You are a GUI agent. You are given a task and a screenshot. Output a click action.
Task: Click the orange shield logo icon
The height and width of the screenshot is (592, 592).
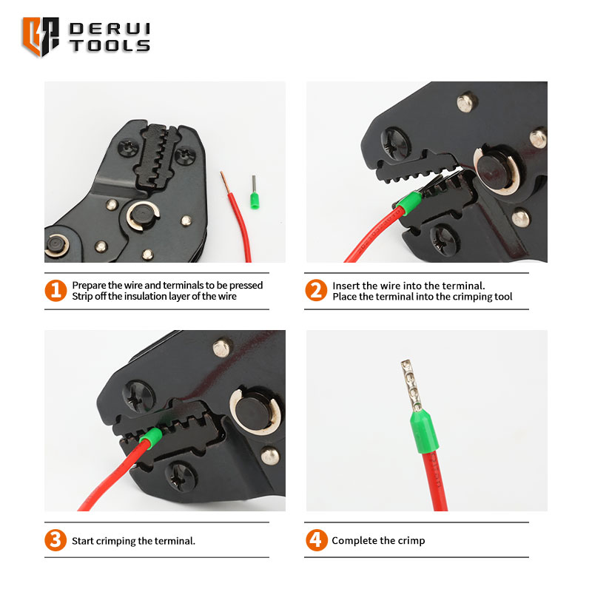[41, 36]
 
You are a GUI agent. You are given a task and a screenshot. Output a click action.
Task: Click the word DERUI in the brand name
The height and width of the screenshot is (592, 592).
[110, 29]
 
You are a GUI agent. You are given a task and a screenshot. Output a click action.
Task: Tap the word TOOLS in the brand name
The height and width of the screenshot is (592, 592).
[110, 46]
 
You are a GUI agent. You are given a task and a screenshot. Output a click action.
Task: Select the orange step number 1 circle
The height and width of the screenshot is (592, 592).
[56, 290]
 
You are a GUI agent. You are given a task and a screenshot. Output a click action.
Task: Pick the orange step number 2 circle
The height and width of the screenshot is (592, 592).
[316, 290]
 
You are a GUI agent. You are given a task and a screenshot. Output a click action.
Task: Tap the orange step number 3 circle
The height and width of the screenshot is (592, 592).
[55, 540]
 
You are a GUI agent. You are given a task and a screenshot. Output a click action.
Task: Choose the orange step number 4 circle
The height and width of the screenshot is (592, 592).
[317, 540]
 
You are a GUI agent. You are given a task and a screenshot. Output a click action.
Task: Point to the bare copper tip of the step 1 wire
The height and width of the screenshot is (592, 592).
[225, 181]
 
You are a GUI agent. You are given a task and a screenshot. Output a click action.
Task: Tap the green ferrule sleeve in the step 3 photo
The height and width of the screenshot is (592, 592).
[151, 438]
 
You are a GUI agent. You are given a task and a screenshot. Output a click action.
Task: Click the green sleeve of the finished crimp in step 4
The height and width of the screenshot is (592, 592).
[424, 431]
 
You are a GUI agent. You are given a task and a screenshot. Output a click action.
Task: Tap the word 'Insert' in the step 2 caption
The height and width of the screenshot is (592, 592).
[344, 286]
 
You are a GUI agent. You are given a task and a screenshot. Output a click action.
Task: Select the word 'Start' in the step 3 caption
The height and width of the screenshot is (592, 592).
[82, 541]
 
